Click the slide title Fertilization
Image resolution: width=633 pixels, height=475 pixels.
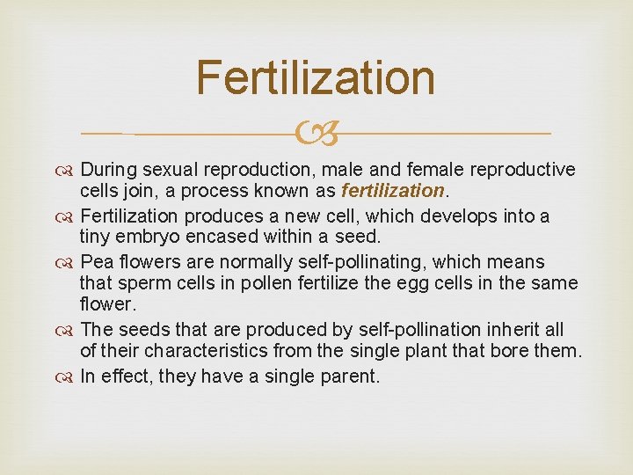316,77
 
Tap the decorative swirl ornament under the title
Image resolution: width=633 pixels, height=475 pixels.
316,134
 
